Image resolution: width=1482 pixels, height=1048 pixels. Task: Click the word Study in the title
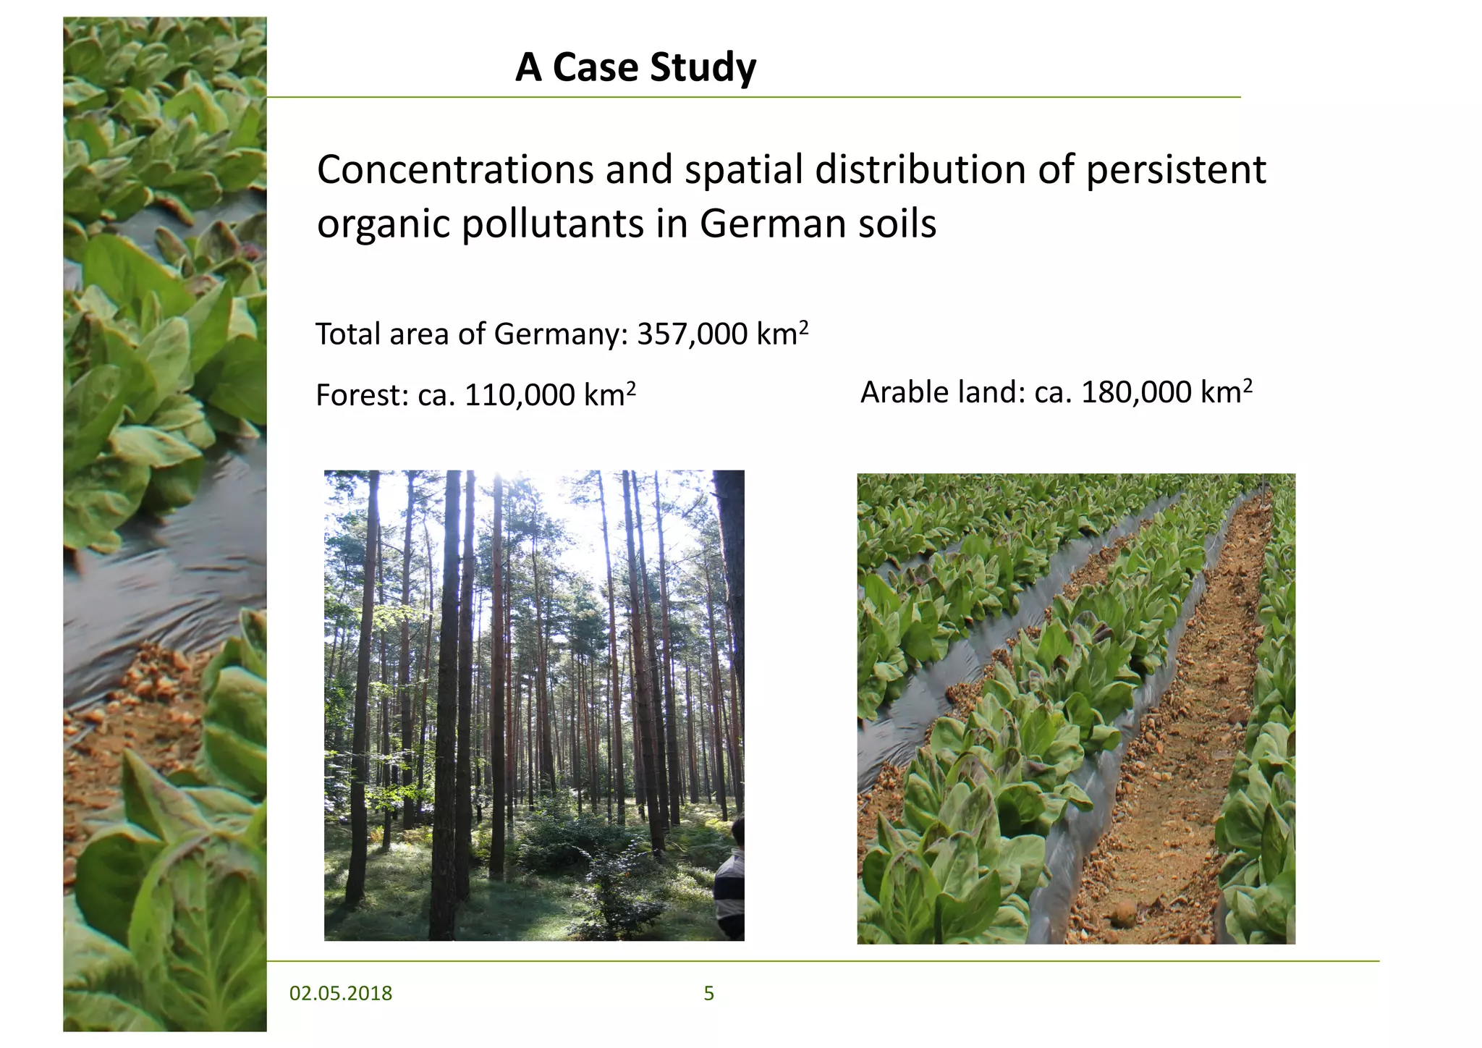703,68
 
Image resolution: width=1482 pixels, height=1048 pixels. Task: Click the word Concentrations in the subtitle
454,170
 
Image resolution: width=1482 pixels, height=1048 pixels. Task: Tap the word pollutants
553,224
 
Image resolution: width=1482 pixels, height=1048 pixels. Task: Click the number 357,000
692,335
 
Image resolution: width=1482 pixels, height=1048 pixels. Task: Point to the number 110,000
520,396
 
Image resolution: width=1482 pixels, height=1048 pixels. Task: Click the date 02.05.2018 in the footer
340,993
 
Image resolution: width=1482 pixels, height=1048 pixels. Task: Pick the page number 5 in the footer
708,993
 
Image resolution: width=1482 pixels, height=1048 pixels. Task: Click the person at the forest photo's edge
731,879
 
